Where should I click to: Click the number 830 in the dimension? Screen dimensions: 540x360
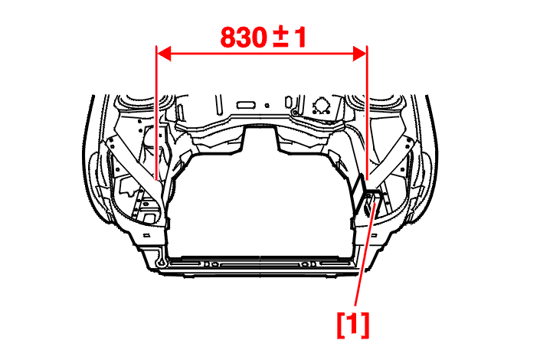(244, 38)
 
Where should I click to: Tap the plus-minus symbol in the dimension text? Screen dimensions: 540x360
(280, 38)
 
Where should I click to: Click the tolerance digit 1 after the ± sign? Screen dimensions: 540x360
(300, 38)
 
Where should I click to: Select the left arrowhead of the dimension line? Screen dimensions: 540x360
(164, 54)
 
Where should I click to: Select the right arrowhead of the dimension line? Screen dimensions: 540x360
(359, 54)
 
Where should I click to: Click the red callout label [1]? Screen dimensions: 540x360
(353, 325)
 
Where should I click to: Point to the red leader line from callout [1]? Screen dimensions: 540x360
(365, 254)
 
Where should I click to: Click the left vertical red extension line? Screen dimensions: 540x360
(156, 113)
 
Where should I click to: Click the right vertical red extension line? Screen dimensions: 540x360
(367, 113)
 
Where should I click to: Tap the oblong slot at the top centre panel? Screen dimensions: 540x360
(246, 105)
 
